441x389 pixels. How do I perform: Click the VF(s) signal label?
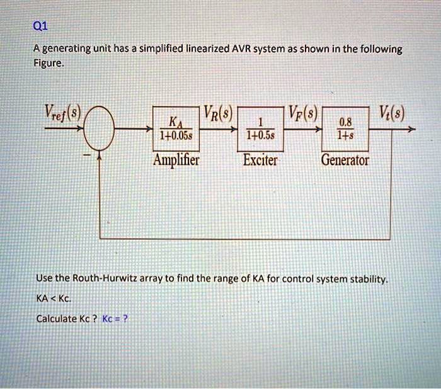pos(302,115)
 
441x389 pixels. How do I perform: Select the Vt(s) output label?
pos(392,115)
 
